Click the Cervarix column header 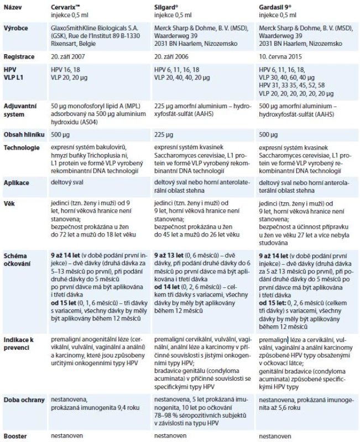tap(65, 7)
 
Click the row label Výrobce tap(15, 28)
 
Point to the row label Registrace tap(19, 57)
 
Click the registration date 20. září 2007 tap(67, 57)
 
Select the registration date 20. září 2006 tap(171, 57)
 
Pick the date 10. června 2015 tap(280, 57)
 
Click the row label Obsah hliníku tap(24, 134)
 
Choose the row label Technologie tap(22, 148)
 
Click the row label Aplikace tap(17, 183)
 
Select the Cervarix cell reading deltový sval tap(67, 182)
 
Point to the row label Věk tap(9, 203)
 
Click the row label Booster tap(15, 436)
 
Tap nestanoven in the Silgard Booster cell tap(170, 435)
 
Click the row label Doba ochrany tap(24, 400)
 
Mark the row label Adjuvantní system tap(20, 110)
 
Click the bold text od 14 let tap(167, 287)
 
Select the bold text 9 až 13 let tap(169, 255)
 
